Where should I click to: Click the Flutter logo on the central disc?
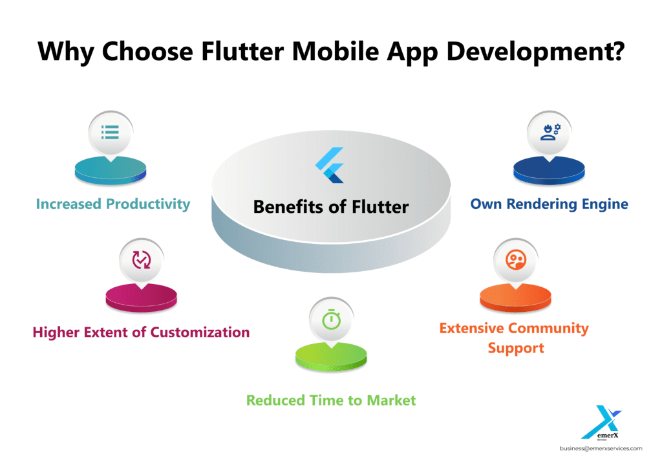click(x=330, y=165)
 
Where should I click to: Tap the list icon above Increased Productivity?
click(x=110, y=132)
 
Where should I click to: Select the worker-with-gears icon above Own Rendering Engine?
click(x=550, y=132)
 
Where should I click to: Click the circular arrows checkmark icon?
click(x=142, y=260)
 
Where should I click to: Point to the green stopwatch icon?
click(x=332, y=320)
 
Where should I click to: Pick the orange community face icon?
click(x=515, y=259)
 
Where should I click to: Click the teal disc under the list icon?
click(x=111, y=170)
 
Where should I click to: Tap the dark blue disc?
click(x=549, y=170)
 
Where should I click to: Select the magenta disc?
click(x=142, y=298)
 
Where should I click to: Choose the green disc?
click(x=332, y=357)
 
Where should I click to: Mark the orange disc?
click(x=515, y=298)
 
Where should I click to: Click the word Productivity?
click(x=148, y=204)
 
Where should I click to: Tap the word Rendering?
click(x=542, y=204)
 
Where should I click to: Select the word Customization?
click(x=200, y=333)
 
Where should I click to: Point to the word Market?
click(x=391, y=400)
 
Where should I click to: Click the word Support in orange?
click(x=516, y=349)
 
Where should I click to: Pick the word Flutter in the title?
click(x=242, y=52)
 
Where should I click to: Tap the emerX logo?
click(x=601, y=423)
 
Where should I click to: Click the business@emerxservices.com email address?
click(x=601, y=448)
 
